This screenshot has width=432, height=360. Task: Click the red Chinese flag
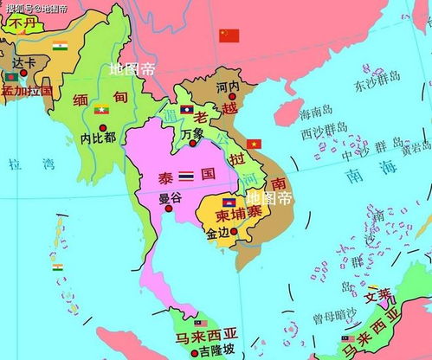(x=229, y=35)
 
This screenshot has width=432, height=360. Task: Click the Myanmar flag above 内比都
(x=100, y=109)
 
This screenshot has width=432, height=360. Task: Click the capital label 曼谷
(x=171, y=197)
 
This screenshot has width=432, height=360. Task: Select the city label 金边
(x=218, y=233)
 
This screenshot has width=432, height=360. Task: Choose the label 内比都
(x=95, y=137)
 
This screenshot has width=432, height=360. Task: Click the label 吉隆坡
(x=215, y=352)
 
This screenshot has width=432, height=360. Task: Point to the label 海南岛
(x=315, y=114)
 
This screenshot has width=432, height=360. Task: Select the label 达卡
(x=24, y=63)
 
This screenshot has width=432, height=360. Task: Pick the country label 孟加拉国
(x=27, y=90)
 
